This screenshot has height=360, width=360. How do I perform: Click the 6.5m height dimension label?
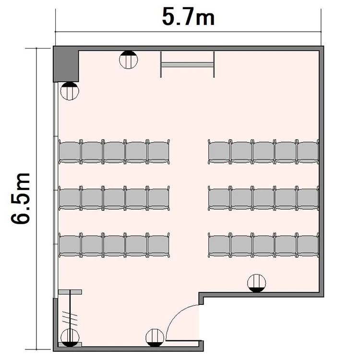[x=20, y=198]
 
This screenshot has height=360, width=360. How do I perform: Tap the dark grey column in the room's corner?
[x=66, y=64]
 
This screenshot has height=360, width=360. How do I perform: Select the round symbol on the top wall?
[x=128, y=60]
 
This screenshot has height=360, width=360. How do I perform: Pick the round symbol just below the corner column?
[x=70, y=91]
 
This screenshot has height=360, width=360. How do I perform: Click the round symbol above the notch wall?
[x=257, y=283]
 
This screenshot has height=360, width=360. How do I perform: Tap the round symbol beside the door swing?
[x=155, y=338]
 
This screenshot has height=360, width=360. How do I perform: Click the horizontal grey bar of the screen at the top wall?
[x=187, y=65]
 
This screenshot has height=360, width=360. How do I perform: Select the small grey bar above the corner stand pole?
[x=70, y=292]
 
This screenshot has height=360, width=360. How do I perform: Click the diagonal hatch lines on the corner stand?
[x=70, y=319]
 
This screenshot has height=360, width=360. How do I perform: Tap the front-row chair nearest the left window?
[x=70, y=152]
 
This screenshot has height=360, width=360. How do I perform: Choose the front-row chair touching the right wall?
[x=308, y=152]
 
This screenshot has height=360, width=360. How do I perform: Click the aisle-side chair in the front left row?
[x=159, y=152]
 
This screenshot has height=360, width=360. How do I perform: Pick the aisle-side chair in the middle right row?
[x=219, y=198]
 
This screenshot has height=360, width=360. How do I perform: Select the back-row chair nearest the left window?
[x=70, y=245]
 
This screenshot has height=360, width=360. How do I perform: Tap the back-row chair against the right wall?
[x=308, y=245]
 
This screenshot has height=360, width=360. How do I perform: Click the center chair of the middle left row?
[x=114, y=198]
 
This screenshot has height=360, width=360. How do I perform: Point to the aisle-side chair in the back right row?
[x=219, y=245]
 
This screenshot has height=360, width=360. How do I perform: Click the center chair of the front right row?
[x=264, y=152]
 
